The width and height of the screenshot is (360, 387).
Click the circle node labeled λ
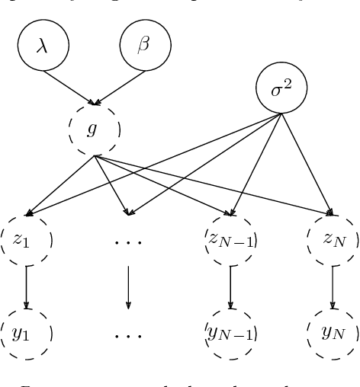tap(43, 46)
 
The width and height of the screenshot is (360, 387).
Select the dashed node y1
tap(27, 333)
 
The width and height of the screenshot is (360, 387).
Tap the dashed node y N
tap(332, 333)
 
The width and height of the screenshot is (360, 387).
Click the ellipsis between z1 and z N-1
tap(128, 242)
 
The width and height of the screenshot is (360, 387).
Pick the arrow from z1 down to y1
tap(27, 286)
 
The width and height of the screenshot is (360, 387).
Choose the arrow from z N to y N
tap(332, 286)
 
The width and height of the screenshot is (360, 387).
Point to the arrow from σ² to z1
tap(153, 164)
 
